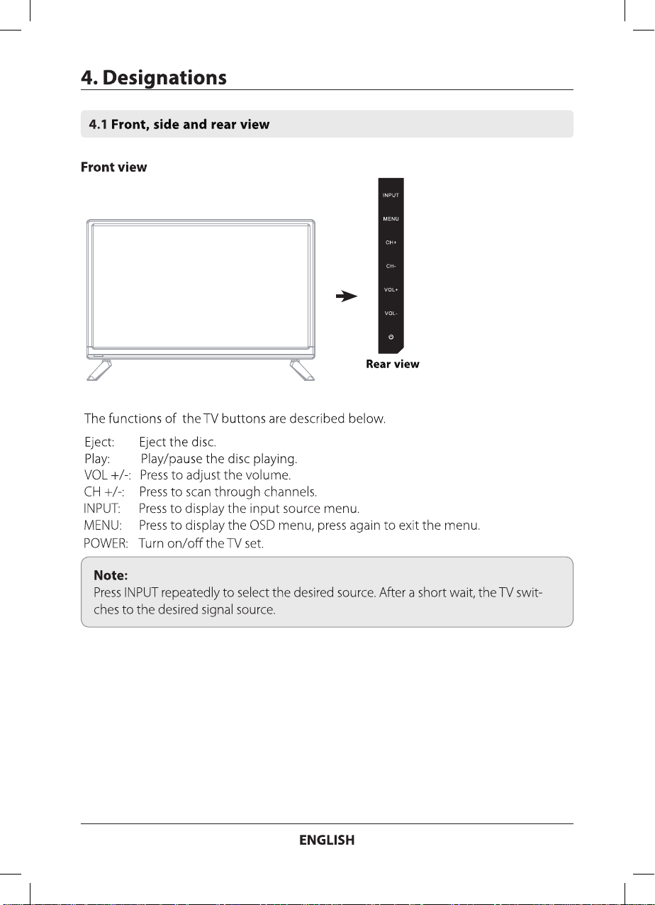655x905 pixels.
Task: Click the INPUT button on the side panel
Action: [x=391, y=194]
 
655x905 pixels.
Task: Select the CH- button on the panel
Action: [x=391, y=266]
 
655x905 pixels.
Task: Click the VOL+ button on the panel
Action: [x=391, y=290]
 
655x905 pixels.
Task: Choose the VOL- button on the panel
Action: [x=391, y=313]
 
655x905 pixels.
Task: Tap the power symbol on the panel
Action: [x=391, y=336]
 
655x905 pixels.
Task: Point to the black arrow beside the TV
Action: [x=346, y=297]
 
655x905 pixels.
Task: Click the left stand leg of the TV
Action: [x=99, y=370]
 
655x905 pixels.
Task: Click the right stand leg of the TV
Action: [x=302, y=370]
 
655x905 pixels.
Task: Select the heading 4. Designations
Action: [x=154, y=77]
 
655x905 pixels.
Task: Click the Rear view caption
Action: [x=392, y=365]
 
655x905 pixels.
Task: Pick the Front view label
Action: [x=114, y=167]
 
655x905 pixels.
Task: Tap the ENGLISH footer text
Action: [x=327, y=840]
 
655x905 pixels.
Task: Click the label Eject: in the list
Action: [x=100, y=443]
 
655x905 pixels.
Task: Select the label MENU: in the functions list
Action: [x=103, y=526]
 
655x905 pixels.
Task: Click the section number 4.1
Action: [x=98, y=125]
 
